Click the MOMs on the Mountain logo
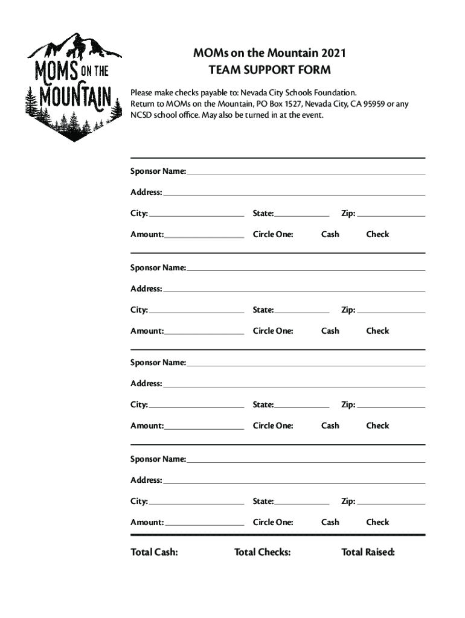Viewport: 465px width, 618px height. coord(70,86)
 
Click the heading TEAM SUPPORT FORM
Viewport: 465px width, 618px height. coord(269,70)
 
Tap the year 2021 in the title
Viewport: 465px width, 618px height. coord(334,54)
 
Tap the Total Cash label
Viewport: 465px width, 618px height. coord(154,552)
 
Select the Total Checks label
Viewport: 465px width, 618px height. coord(262,552)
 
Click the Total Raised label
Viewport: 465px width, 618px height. coord(368,552)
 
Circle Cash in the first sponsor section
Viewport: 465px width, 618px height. coord(330,234)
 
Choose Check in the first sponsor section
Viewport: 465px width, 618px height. coord(377,234)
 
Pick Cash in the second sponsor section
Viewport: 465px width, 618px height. coord(330,331)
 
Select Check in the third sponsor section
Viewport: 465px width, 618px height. coord(377,425)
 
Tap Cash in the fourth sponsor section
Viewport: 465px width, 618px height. coord(330,522)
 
